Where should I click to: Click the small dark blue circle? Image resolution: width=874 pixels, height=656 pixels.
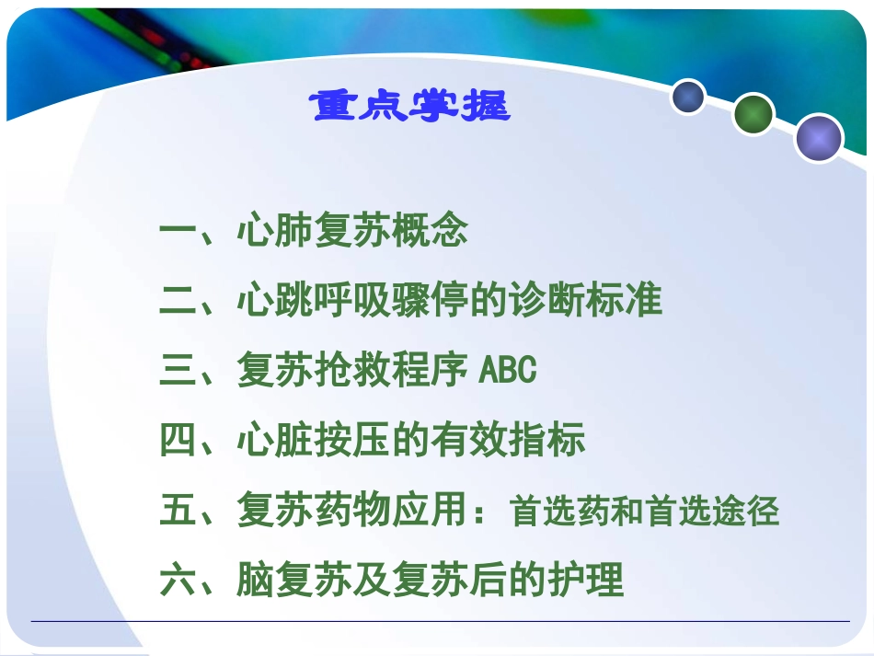point(687,97)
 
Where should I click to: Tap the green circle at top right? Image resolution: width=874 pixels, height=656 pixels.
point(753,115)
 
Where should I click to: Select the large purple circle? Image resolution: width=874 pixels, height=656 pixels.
point(818,139)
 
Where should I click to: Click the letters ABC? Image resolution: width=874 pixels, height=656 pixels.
point(508,371)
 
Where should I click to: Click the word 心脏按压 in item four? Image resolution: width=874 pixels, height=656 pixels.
point(314,441)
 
